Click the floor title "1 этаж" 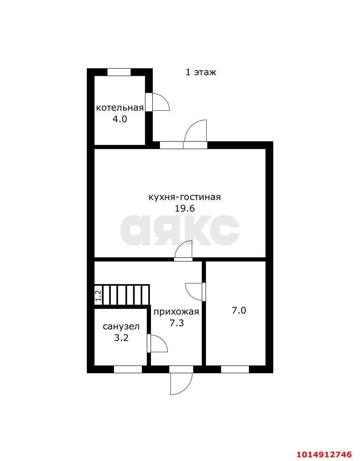200,72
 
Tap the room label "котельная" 120,108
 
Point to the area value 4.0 120,119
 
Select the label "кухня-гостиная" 185,197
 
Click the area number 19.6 185,209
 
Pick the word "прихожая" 176,312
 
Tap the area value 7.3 177,323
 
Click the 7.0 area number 239,311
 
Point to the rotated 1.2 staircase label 98,295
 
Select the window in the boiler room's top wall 119,72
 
